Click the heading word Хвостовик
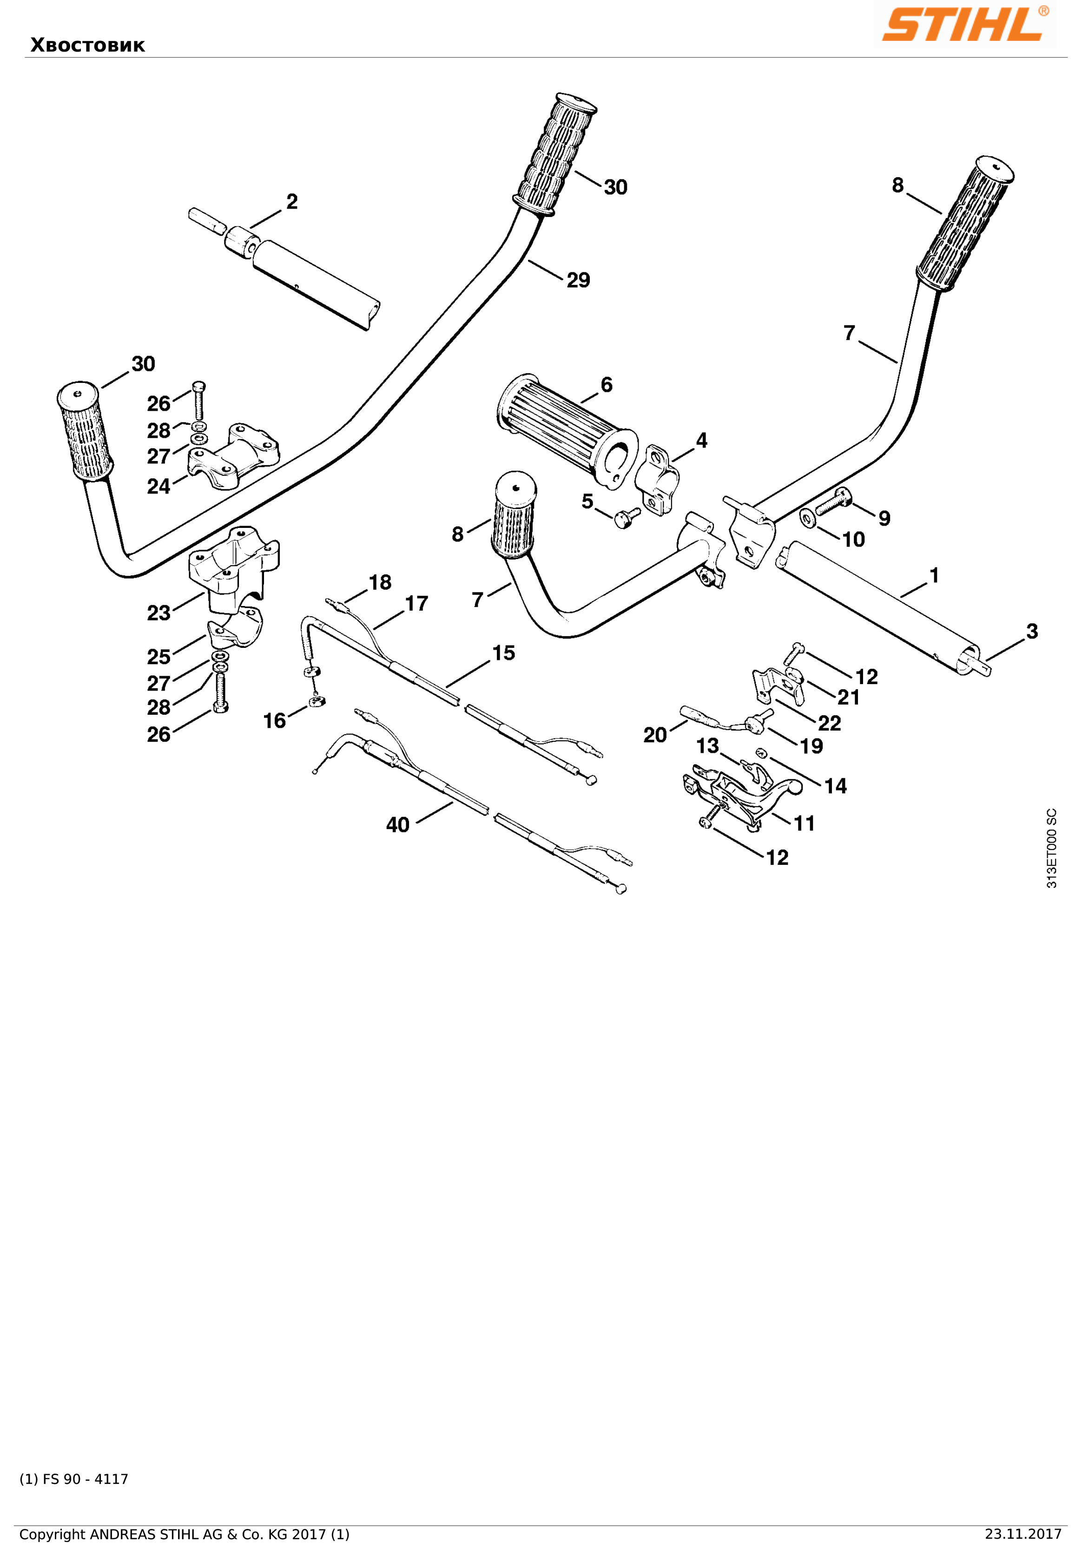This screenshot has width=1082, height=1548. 88,45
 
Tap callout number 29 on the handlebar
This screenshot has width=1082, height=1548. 578,280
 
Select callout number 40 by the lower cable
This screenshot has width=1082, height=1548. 398,824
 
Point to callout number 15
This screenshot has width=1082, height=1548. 503,652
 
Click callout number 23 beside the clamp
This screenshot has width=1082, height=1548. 159,613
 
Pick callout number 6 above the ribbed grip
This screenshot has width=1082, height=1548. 607,384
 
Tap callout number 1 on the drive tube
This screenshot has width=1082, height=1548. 934,575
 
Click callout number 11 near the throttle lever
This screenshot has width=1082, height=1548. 804,823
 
